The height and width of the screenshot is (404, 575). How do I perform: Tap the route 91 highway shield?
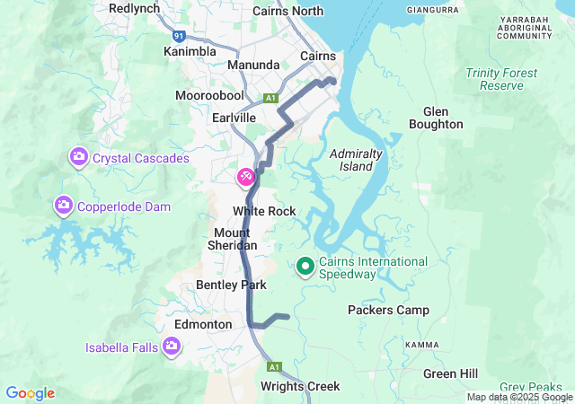[x=180, y=36]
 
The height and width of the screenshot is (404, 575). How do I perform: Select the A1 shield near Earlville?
[x=270, y=97]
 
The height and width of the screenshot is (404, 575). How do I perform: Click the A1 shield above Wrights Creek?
[x=274, y=366]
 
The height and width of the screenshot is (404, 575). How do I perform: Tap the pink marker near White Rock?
[x=245, y=178]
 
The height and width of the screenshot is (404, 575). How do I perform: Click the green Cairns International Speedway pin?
[x=305, y=265]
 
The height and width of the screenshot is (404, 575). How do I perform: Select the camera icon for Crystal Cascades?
[x=78, y=158]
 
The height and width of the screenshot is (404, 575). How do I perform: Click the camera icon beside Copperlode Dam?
[x=63, y=206]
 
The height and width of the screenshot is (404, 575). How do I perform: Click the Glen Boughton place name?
[x=436, y=118]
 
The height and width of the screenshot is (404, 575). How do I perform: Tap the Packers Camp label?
[x=388, y=311]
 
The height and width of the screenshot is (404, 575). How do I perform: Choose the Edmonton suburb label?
[x=202, y=324]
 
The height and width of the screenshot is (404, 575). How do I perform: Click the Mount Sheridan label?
[x=234, y=239]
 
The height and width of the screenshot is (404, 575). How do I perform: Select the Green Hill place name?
[x=451, y=373]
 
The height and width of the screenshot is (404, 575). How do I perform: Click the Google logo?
[x=31, y=393]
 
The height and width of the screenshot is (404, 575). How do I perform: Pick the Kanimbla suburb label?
[x=190, y=51]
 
